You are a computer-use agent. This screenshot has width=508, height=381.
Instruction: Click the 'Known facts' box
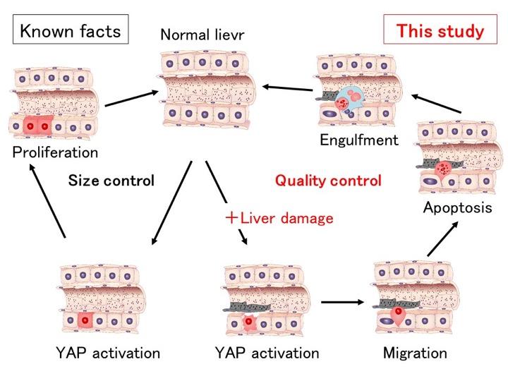pos(69,31)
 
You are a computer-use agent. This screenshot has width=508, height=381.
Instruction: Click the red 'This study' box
pos(440,31)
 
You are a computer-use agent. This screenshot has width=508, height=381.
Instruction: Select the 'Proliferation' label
pos(54,152)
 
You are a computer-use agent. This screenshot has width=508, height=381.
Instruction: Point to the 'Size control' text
pos(111,181)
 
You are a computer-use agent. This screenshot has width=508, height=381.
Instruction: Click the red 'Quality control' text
pos(328,181)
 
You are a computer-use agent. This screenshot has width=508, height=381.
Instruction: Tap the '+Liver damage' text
pos(278,218)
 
